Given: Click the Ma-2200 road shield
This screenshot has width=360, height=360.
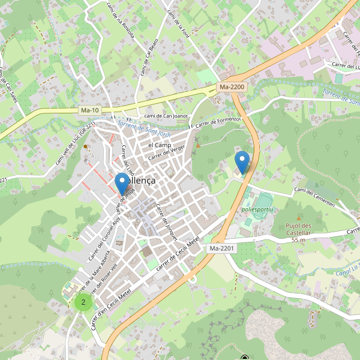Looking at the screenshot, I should click(232, 87).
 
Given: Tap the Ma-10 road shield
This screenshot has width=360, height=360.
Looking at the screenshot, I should click(89, 110).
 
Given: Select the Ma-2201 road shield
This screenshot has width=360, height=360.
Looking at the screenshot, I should click(221, 248).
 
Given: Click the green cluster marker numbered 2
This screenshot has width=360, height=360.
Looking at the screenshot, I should click(83, 302).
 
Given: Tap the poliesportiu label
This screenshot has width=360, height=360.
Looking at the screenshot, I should click(257, 209).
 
